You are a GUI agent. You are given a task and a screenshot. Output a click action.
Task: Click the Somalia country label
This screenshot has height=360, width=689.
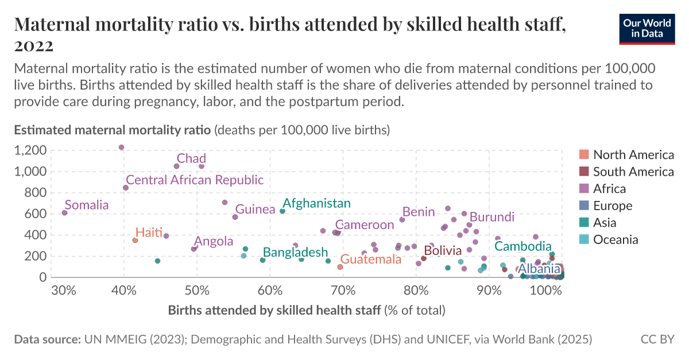(87, 205)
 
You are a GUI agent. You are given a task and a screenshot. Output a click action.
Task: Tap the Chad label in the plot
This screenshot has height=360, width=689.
(191, 158)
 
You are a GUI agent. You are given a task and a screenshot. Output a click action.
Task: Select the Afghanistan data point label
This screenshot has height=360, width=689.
(316, 203)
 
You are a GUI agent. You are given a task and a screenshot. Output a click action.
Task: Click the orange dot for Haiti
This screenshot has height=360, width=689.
(135, 240)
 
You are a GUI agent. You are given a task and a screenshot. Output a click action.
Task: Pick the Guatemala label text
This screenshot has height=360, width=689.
(370, 260)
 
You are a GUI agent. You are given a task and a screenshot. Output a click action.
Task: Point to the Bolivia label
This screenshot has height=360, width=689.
(443, 251)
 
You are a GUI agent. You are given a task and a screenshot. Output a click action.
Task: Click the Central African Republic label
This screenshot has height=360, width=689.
(195, 180)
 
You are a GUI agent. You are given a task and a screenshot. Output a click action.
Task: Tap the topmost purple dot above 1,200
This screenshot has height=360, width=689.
(121, 148)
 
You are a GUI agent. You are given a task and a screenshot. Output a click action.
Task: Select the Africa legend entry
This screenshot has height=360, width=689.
(609, 189)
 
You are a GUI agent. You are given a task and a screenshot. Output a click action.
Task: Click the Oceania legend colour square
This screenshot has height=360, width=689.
(584, 240)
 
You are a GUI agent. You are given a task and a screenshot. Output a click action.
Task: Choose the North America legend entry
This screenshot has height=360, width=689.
(633, 154)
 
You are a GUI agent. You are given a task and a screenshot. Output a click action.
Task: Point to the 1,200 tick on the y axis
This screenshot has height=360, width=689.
(29, 150)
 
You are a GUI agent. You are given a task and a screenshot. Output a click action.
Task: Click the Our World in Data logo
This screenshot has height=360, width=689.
(647, 28)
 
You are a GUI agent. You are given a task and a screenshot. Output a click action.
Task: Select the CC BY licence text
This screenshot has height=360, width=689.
(657, 339)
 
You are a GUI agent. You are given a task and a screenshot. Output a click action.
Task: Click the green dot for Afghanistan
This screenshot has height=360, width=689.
(282, 211)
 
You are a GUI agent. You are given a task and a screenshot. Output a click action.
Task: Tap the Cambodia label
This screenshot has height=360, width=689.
(523, 246)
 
